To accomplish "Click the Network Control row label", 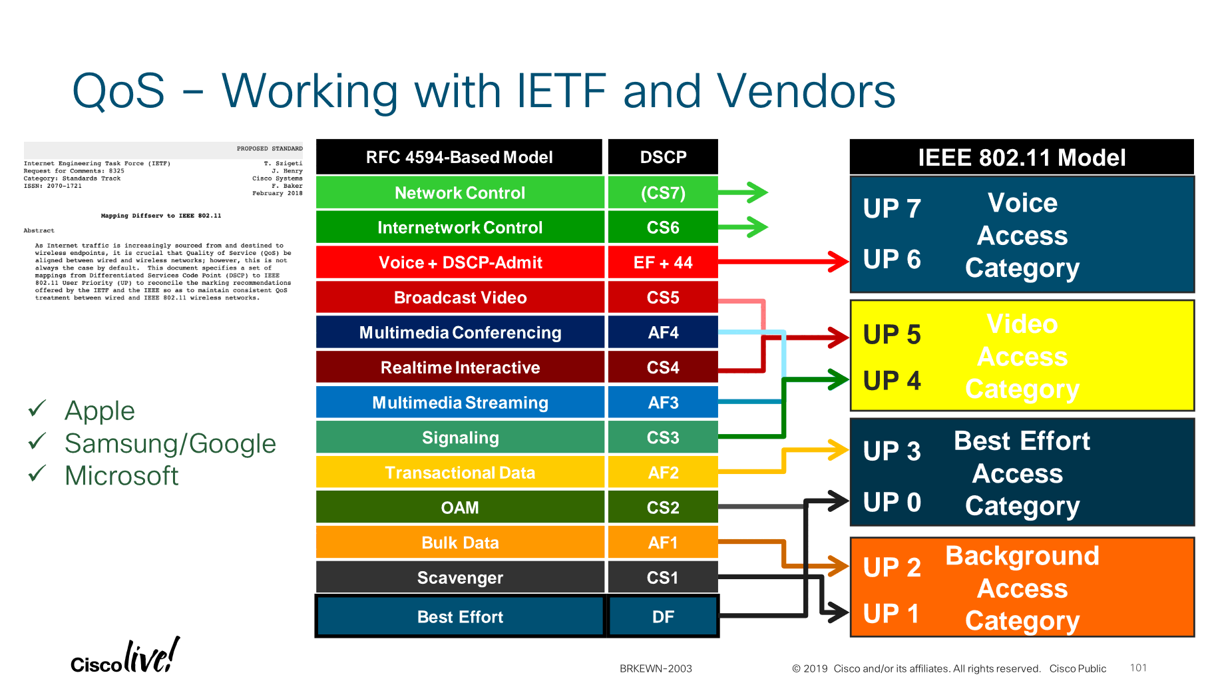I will (459, 193).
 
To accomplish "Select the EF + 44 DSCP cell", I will (663, 263).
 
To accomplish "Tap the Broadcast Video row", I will (459, 298).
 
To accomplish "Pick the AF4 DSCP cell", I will (663, 333).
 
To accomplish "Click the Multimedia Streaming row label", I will (459, 403).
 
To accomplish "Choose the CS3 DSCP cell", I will (663, 438).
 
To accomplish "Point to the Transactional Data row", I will (459, 473).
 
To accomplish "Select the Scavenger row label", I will (459, 578).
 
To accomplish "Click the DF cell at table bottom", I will (663, 617).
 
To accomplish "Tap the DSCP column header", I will (663, 157).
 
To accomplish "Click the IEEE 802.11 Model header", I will (1022, 158).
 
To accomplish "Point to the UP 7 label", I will (892, 209).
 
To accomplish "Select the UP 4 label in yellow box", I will (892, 381).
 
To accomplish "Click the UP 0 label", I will (892, 503).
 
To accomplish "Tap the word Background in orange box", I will (1022, 556).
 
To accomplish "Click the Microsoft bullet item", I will (121, 476).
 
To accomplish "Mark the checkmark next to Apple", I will (37, 408).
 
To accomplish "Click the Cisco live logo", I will (125, 656).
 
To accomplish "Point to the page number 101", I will (1138, 668).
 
